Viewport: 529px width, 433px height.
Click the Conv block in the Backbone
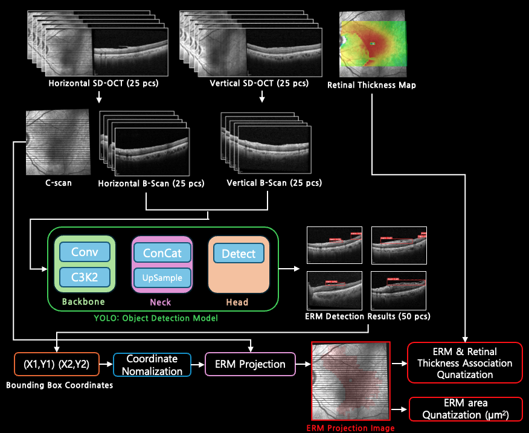click(85, 251)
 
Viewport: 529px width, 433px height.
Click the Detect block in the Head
click(239, 254)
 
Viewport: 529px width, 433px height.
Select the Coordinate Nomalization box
click(152, 364)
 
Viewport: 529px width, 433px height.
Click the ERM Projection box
click(250, 364)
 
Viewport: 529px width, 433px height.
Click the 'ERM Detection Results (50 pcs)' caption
click(368, 316)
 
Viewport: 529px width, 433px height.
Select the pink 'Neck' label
click(160, 302)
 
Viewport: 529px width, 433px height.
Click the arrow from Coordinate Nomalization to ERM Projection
click(198, 364)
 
